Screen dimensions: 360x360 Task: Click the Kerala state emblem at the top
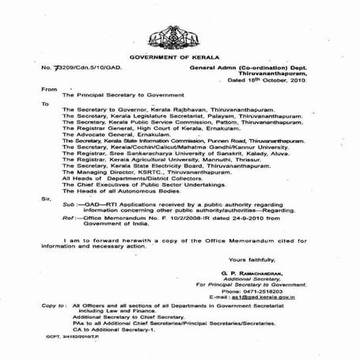tap(180, 32)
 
